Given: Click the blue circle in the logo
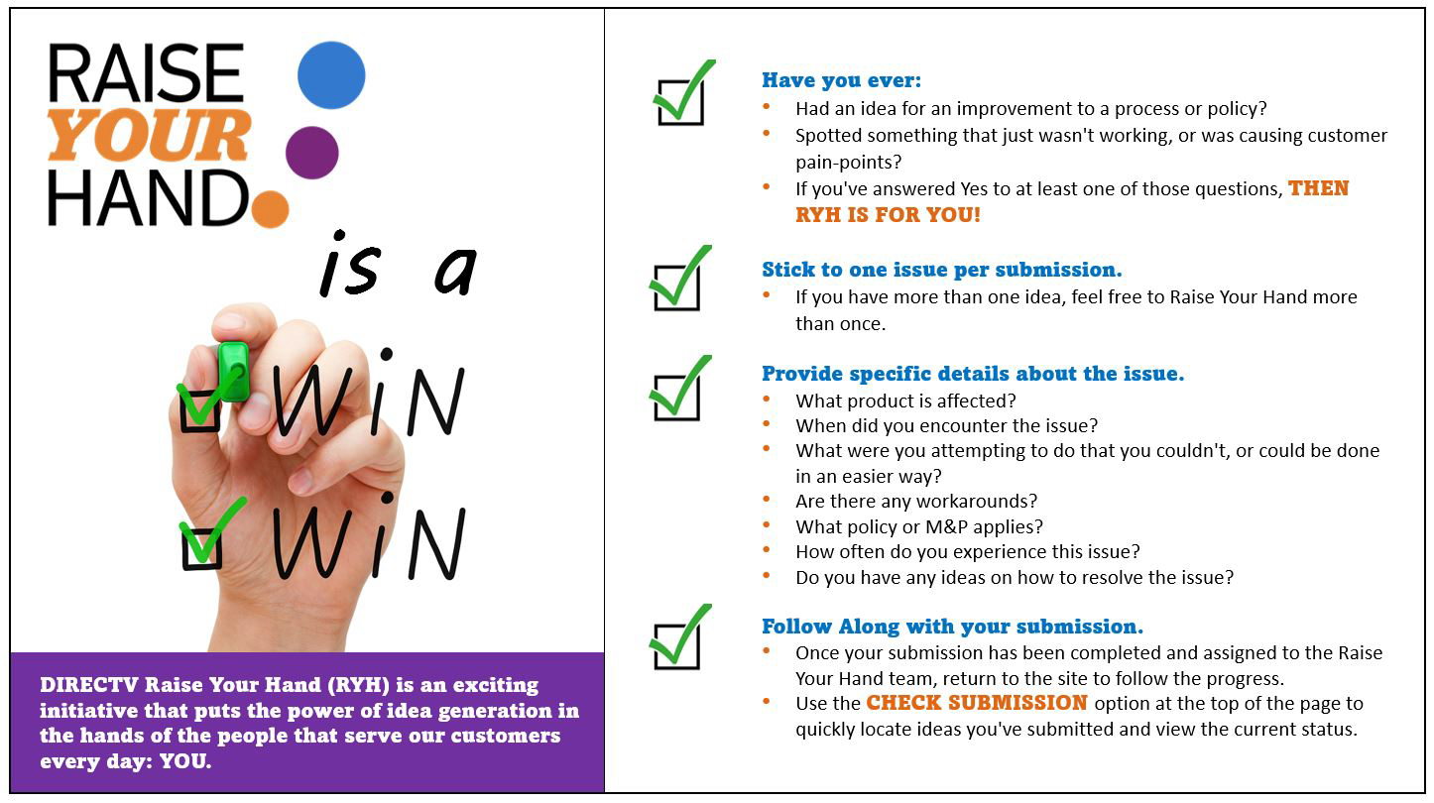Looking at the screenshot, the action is pos(331,75).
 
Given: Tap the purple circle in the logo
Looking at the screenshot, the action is pos(311,153).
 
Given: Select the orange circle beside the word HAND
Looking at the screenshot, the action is pos(270,209).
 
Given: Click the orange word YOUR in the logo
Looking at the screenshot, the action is pos(149,135).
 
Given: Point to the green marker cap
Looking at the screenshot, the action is pos(233,371).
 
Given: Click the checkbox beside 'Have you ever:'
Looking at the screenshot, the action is pos(680,102).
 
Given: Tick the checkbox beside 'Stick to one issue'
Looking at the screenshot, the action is pos(676,287).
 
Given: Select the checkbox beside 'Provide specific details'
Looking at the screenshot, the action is pos(676,398).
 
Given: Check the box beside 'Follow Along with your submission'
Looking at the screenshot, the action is pos(676,647).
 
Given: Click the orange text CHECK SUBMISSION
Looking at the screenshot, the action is pos(976,703).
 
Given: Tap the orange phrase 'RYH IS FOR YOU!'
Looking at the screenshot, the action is pos(888,214).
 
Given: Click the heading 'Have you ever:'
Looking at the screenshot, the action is pos(841,80).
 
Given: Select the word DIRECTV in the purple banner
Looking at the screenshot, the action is pos(89,685).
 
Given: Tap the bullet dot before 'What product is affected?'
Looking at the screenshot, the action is pos(767,399).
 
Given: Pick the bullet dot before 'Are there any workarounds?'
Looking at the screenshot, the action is pos(767,499).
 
